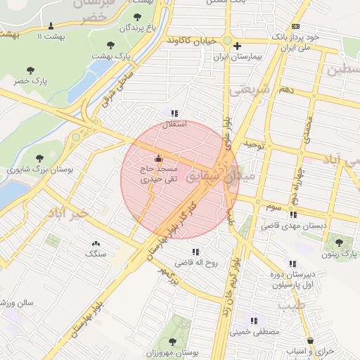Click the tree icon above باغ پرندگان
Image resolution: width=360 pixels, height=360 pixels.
[136, 17]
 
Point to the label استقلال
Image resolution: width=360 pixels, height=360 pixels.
[174, 124]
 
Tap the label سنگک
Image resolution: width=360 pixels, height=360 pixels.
[95, 252]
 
